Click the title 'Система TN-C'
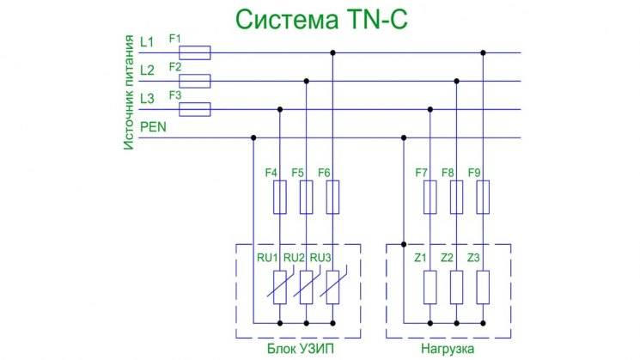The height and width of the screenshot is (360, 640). click(319, 19)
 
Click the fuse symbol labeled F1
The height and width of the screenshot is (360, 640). click(198, 53)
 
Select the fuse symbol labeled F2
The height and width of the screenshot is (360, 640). click(198, 82)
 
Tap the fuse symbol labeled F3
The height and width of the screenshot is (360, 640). click(198, 109)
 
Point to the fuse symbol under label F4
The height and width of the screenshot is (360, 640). click(279, 197)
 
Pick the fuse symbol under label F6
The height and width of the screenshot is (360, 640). click(332, 197)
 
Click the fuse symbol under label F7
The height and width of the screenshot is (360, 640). click(430, 197)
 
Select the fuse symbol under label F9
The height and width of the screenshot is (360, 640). click(483, 197)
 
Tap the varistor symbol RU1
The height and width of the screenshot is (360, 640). click(279, 286)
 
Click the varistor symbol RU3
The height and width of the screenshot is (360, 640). click(332, 286)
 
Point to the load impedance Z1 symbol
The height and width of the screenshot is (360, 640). click(430, 286)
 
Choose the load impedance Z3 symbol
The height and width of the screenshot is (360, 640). click(483, 286)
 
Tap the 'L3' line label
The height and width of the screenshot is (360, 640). click(146, 99)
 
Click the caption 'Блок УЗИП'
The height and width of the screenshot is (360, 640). click(297, 350)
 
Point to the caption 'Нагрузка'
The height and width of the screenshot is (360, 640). click(447, 350)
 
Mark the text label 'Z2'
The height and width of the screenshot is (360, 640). click(447, 258)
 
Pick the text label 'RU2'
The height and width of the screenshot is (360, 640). click(294, 258)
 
